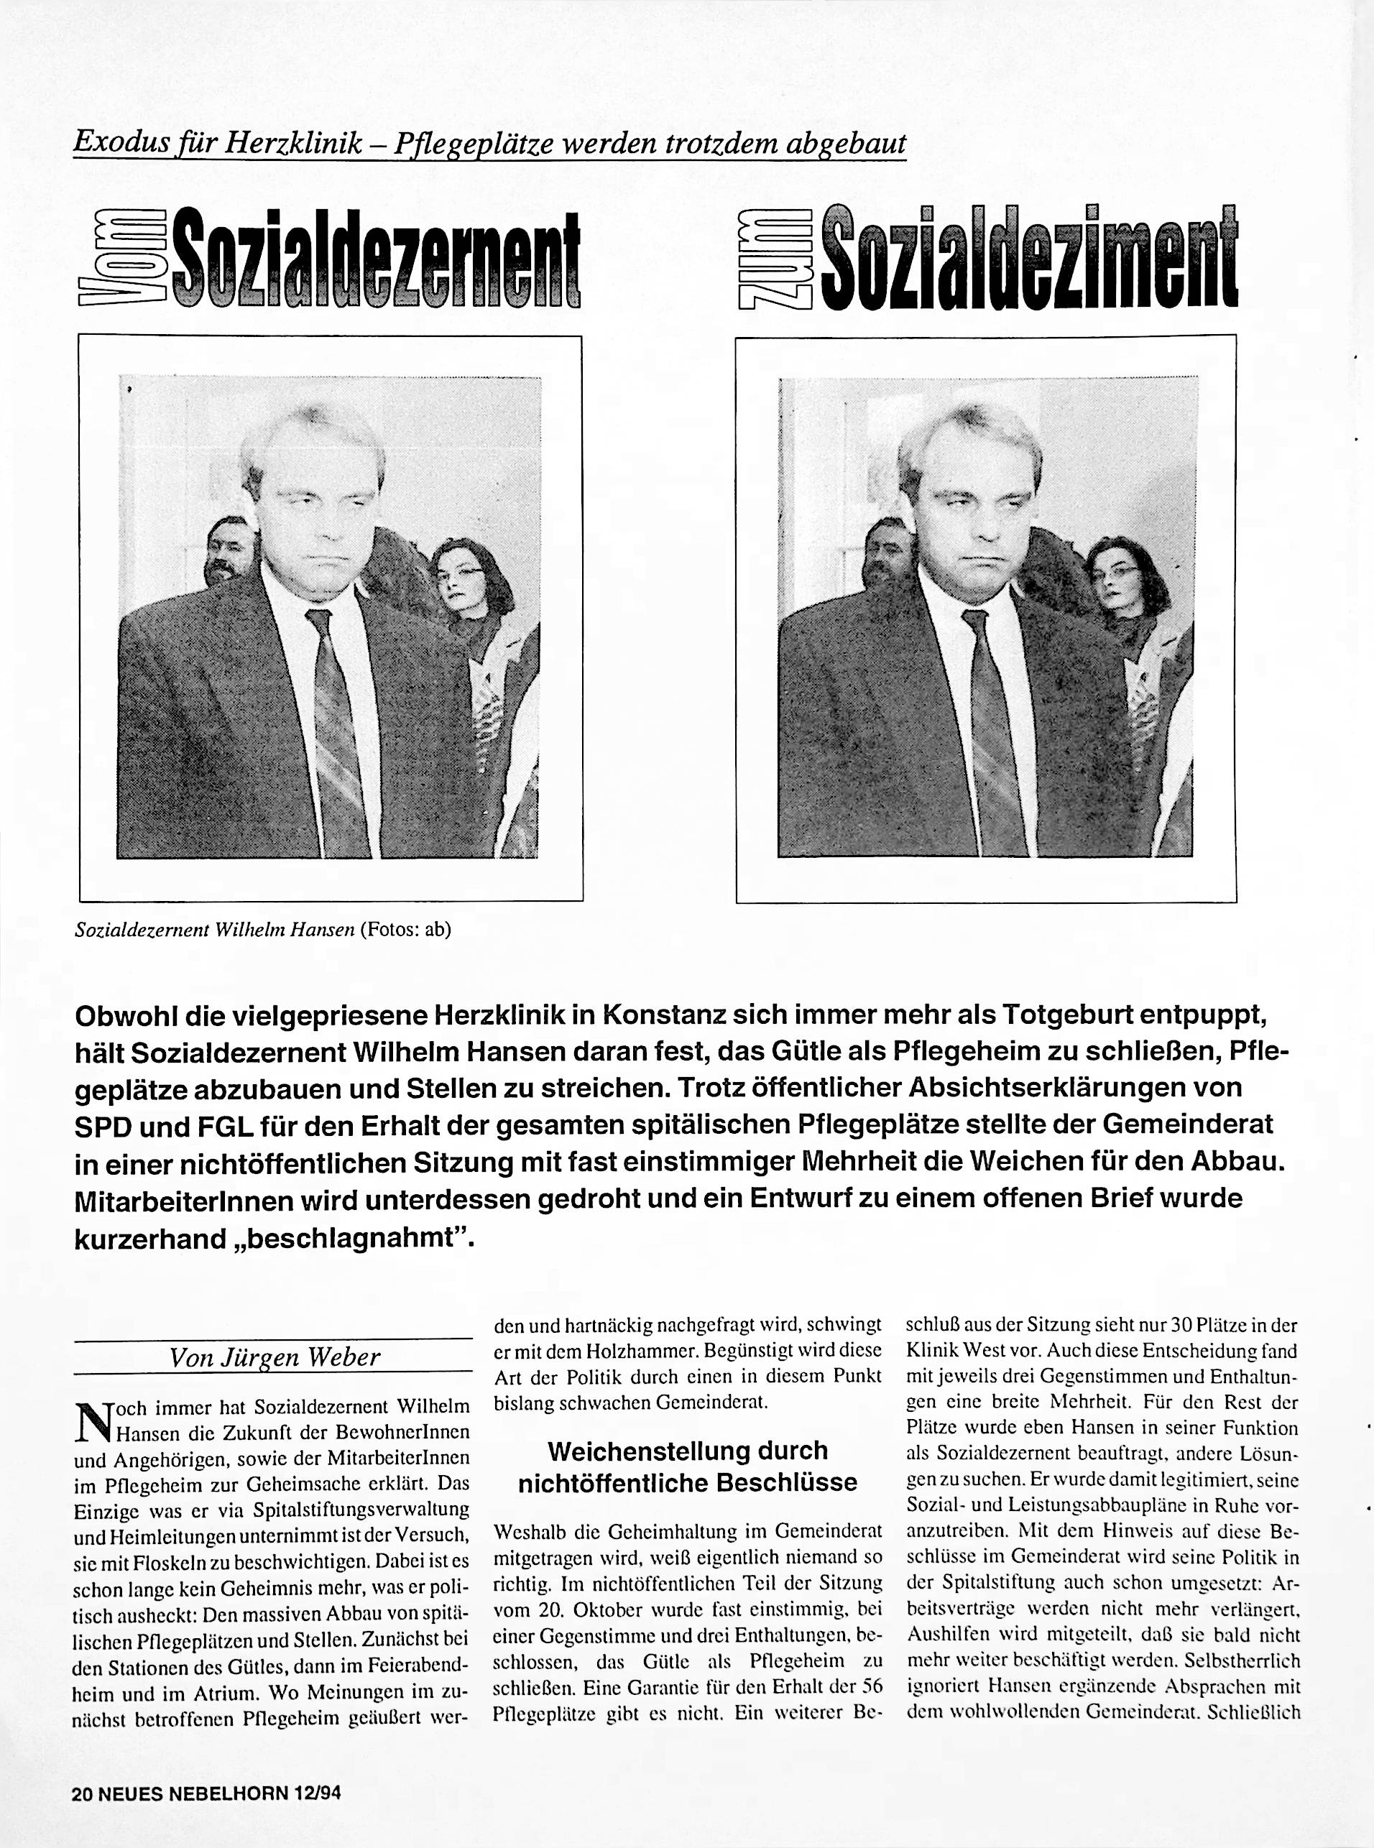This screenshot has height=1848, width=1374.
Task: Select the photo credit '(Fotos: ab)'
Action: coord(405,930)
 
